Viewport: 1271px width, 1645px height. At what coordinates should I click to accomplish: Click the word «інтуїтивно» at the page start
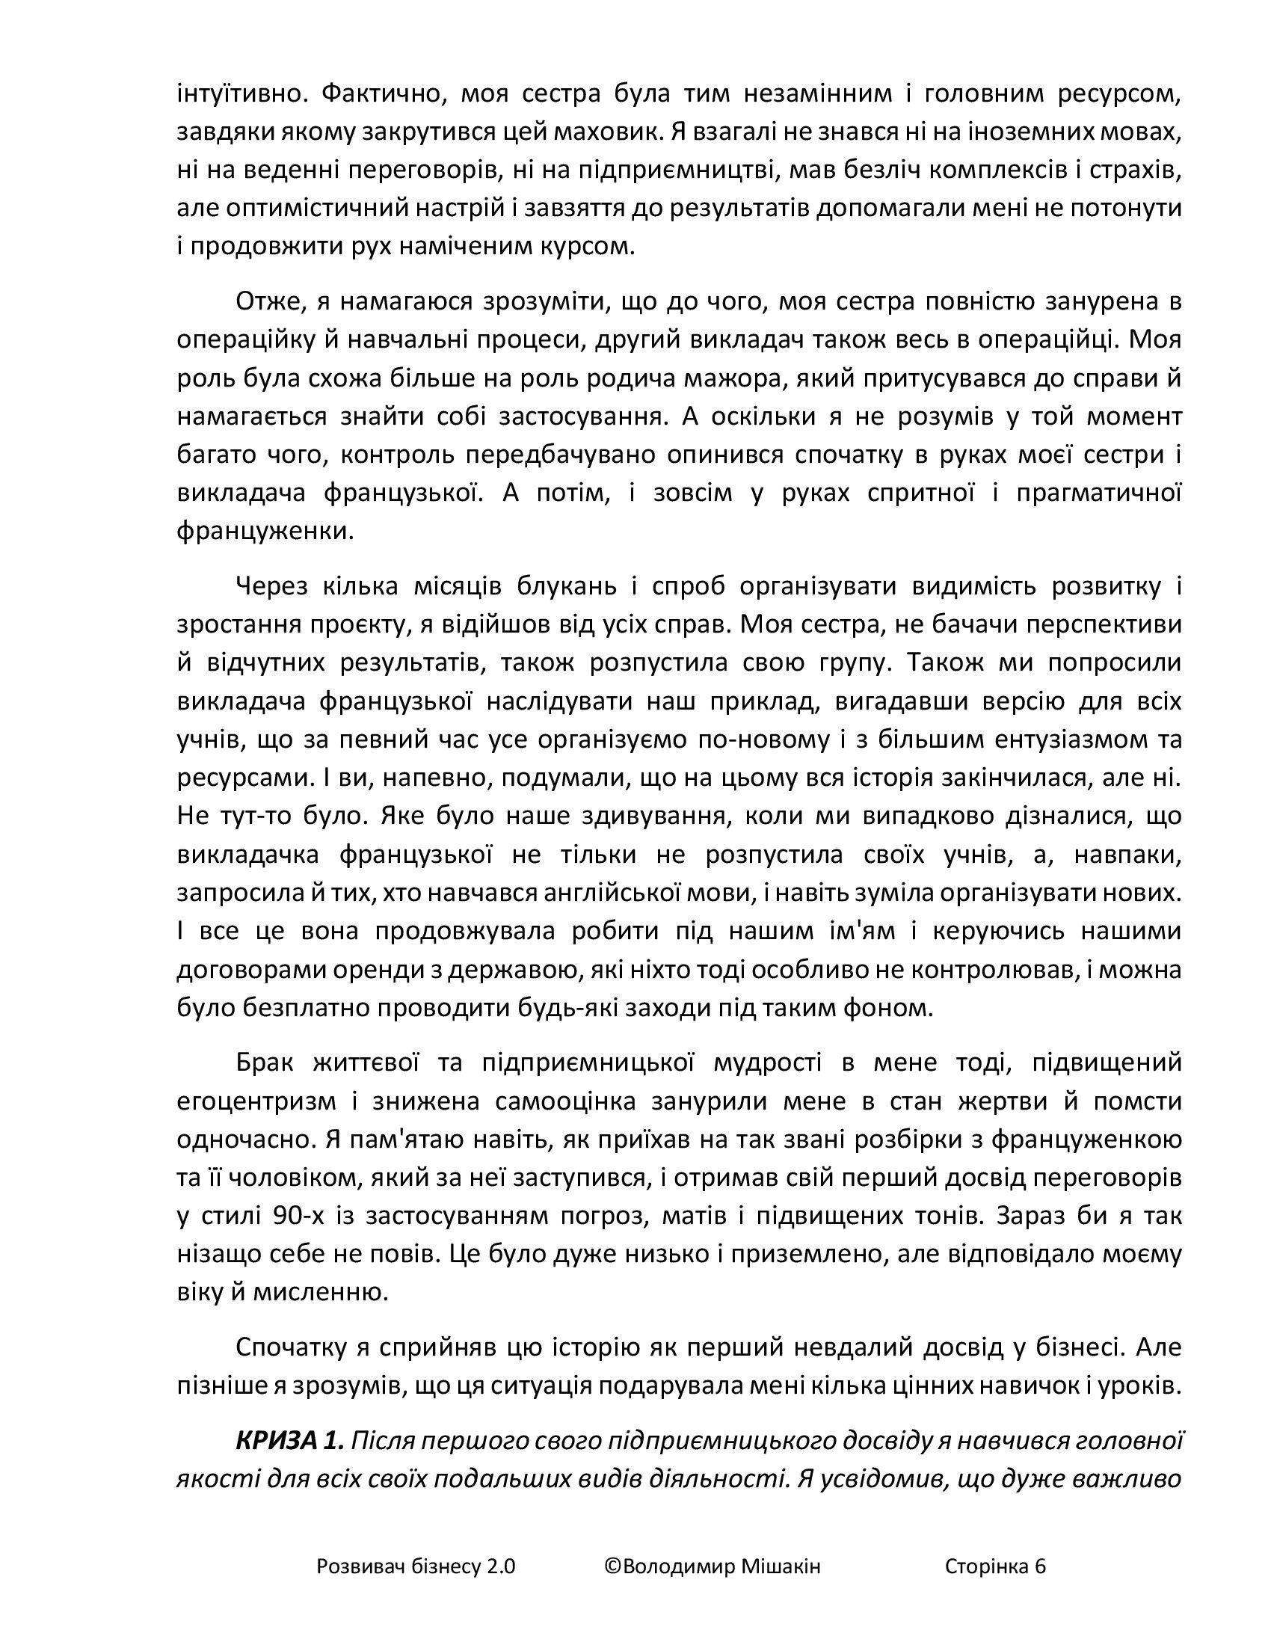(239, 94)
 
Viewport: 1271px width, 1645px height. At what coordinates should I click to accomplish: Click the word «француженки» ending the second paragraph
(265, 531)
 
